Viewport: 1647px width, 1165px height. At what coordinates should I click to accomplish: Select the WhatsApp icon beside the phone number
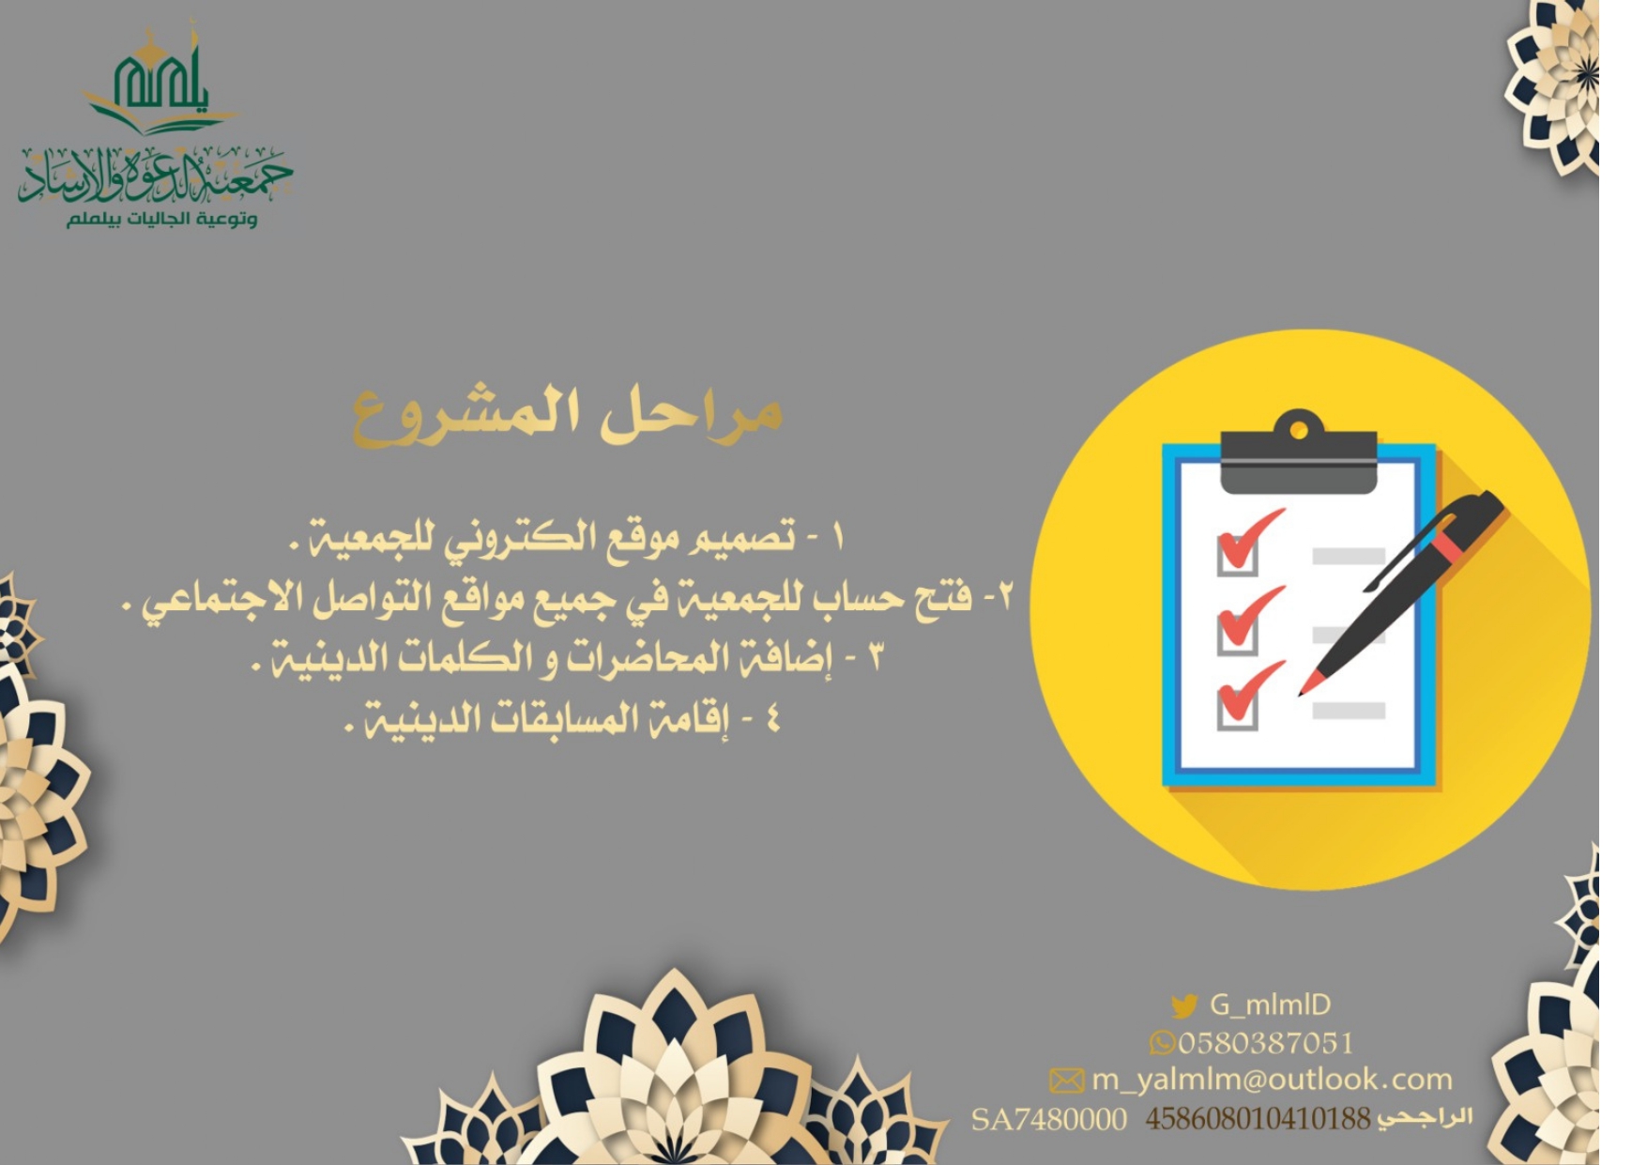1162,1043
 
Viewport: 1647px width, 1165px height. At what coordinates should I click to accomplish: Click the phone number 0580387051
1266,1043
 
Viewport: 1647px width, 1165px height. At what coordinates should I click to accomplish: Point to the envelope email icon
1066,1081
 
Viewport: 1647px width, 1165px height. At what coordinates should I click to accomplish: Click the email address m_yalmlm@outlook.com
1272,1081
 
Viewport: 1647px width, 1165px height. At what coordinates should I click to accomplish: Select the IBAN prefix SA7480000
1049,1119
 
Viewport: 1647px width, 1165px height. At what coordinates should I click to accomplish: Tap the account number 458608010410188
1258,1119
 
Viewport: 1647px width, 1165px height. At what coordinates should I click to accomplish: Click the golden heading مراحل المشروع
568,416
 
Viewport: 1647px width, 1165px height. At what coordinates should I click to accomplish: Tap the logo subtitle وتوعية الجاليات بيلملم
161,219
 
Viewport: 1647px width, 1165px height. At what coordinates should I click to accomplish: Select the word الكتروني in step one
513,538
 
